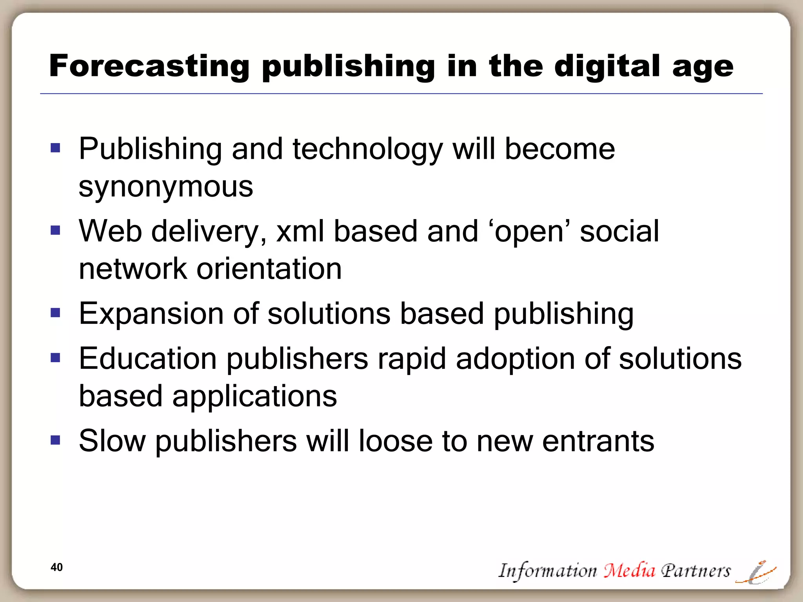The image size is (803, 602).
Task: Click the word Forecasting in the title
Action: tap(149, 66)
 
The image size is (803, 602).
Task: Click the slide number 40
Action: tap(57, 567)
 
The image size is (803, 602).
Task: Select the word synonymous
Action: tap(166, 187)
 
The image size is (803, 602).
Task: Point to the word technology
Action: tap(368, 150)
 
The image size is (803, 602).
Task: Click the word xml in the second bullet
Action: tap(300, 231)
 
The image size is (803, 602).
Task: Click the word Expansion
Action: tap(151, 314)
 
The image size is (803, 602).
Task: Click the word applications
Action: tap(254, 396)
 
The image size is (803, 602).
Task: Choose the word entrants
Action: tap(598, 441)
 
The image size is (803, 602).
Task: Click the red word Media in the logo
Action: tap(629, 570)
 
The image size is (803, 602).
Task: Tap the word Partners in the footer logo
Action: tap(696, 571)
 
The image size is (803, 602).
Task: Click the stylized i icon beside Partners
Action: tap(756, 573)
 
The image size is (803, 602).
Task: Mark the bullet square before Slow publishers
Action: tap(55, 440)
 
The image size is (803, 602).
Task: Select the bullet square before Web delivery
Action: tap(55, 230)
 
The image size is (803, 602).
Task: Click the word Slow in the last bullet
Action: tap(112, 441)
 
